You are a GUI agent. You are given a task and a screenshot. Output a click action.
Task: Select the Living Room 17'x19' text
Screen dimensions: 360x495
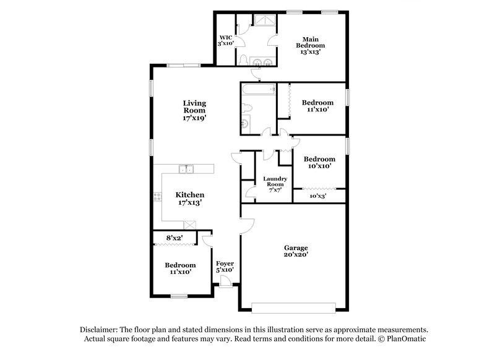coord(194,109)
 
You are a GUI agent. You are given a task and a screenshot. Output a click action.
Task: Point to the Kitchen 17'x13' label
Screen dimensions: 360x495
coord(189,198)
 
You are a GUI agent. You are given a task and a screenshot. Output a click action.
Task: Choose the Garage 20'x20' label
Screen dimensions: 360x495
coord(296,251)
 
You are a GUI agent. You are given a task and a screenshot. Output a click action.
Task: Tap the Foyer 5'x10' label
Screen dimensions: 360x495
coord(225,267)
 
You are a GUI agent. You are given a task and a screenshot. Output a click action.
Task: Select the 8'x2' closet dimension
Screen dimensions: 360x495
coord(174,238)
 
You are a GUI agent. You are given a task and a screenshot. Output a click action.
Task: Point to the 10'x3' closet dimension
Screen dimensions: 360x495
coord(317,196)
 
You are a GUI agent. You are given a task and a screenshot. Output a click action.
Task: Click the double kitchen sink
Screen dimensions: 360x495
coord(186,168)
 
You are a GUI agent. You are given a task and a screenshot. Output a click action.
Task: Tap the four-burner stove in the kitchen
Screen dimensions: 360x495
coord(157,198)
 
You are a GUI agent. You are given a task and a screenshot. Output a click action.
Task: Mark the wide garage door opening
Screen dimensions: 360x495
coord(293,306)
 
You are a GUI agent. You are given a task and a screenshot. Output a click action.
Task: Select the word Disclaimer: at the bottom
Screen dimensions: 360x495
coord(100,330)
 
